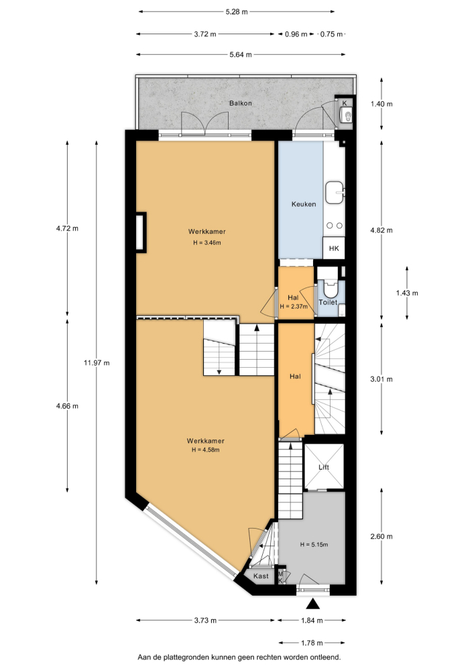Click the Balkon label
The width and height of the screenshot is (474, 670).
(240, 103)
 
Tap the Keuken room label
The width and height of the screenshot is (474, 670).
(304, 204)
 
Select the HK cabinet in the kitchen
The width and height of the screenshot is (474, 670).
(334, 249)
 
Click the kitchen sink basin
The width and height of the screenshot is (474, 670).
(335, 193)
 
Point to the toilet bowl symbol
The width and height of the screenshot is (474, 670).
(331, 289)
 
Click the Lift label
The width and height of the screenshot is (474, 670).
(324, 467)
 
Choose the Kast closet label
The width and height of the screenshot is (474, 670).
(261, 576)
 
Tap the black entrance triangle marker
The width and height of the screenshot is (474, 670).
(313, 604)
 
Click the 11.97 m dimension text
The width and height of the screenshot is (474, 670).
(97, 362)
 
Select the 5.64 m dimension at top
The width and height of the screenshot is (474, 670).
(241, 54)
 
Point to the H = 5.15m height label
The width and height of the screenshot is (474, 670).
(314, 544)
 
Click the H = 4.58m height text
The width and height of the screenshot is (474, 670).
(206, 450)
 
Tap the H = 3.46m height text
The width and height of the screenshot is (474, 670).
(207, 243)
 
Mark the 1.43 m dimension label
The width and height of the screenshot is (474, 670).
(407, 293)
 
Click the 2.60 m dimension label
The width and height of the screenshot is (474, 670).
(381, 536)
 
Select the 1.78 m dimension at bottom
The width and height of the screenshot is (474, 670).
(312, 643)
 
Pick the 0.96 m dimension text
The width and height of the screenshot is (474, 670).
(296, 34)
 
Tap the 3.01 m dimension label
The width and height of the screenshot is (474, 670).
(381, 379)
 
